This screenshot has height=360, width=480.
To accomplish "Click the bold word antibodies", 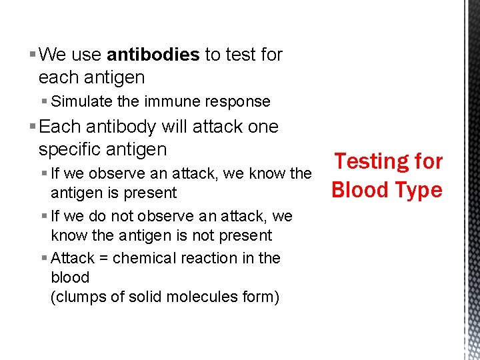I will coord(153,55).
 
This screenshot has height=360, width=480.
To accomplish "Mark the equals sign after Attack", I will coord(103,258).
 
